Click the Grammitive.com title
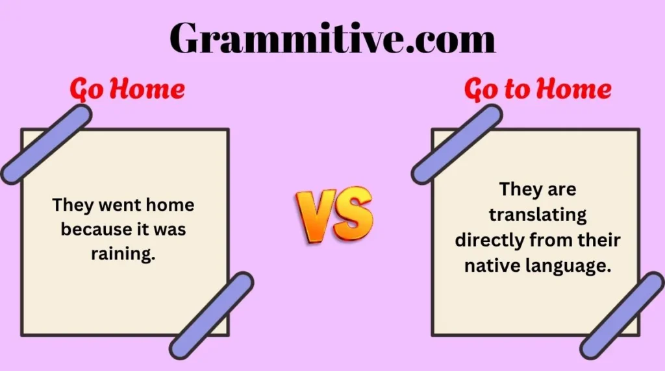332,38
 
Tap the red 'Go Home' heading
127,90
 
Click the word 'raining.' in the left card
123,254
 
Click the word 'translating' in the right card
538,215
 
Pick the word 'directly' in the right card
490,240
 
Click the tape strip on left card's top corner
46,143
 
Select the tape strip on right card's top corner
457,143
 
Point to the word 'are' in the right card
563,189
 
